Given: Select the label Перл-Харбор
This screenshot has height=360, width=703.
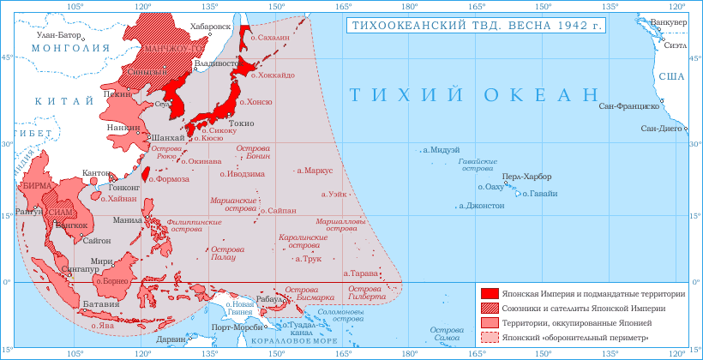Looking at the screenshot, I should click(527, 177).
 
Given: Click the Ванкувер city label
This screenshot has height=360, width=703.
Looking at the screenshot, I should click(669, 21).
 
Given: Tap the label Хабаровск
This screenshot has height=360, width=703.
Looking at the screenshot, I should click(211, 27).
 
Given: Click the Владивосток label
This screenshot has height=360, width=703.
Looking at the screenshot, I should click(217, 63).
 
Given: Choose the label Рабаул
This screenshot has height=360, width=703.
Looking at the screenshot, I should click(269, 298).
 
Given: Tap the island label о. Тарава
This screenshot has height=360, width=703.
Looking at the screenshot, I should click(359, 273).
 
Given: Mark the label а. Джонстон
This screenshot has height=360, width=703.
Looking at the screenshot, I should click(482, 206).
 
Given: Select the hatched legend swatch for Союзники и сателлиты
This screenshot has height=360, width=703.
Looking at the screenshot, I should click(490, 308).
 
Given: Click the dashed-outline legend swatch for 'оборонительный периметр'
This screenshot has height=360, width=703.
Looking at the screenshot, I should click(490, 337).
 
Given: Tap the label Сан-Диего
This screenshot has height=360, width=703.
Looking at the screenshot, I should click(661, 129).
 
